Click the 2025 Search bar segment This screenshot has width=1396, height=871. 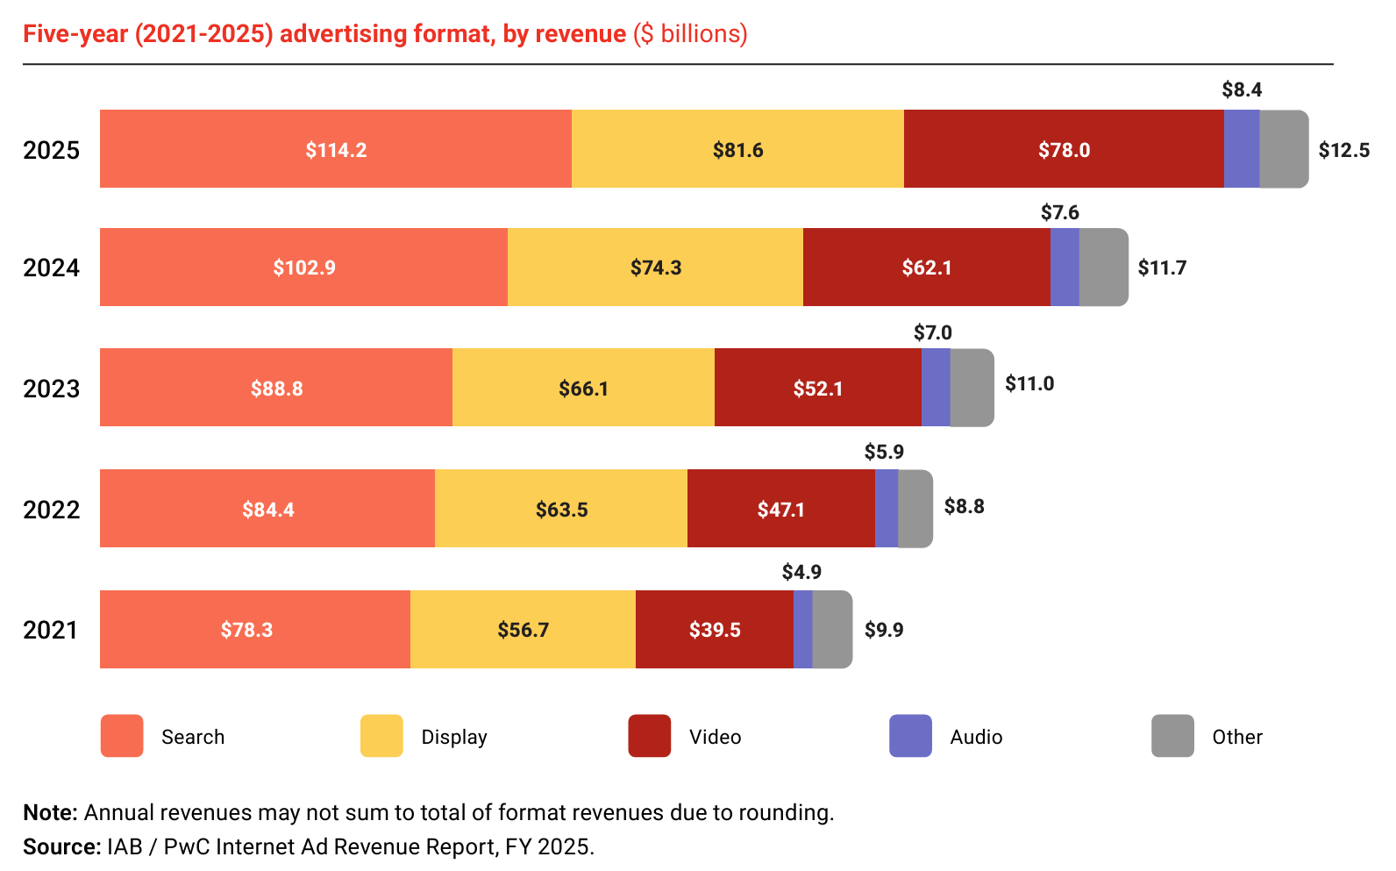pyautogui.click(x=336, y=149)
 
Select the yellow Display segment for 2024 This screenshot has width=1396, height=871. pyautogui.click(x=656, y=267)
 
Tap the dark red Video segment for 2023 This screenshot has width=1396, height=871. pyautogui.click(x=818, y=387)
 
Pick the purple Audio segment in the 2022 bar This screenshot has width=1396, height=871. pyautogui.click(x=887, y=508)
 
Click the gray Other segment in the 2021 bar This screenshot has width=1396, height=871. pyautogui.click(x=833, y=629)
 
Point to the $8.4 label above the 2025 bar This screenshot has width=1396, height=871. pyautogui.click(x=1242, y=89)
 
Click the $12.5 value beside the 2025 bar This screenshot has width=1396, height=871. pyautogui.click(x=1343, y=150)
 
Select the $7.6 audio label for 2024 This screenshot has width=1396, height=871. pyautogui.click(x=1059, y=212)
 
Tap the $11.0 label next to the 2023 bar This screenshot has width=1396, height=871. pyautogui.click(x=1029, y=383)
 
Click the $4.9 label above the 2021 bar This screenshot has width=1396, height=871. pyautogui.click(x=801, y=572)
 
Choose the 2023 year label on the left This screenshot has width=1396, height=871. pyautogui.click(x=51, y=389)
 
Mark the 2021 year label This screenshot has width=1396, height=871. pyautogui.click(x=51, y=630)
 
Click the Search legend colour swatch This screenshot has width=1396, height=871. pyautogui.click(x=122, y=736)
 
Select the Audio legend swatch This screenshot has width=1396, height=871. pyautogui.click(x=910, y=736)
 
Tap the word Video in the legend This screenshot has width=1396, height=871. pyautogui.click(x=715, y=737)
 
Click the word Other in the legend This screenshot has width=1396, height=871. pyautogui.click(x=1237, y=737)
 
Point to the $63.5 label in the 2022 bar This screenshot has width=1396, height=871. pyautogui.click(x=561, y=510)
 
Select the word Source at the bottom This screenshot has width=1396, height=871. pyautogui.click(x=61, y=846)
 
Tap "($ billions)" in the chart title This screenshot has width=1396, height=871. pyautogui.click(x=690, y=33)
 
